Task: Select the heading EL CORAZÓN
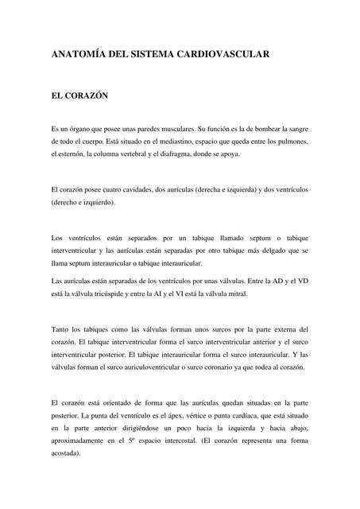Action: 79,95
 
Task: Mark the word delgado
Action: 261,251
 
